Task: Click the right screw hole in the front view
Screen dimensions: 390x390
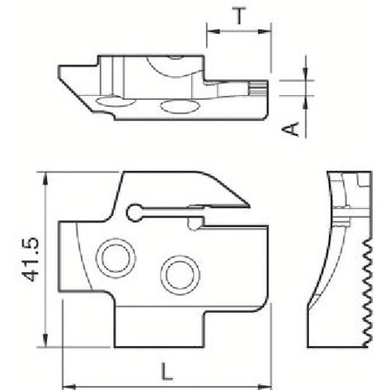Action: tap(175, 274)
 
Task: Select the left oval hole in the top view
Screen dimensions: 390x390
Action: tap(111, 101)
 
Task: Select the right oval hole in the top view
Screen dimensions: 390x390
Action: tap(175, 105)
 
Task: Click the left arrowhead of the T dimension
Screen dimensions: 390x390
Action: tap(210, 32)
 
